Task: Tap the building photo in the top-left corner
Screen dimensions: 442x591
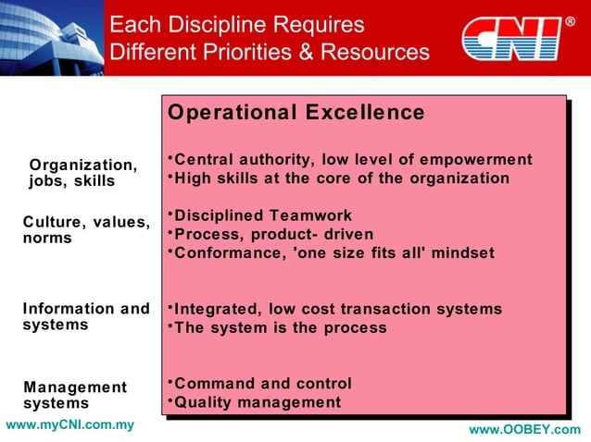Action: (51, 37)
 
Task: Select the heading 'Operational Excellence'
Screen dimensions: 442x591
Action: (295, 113)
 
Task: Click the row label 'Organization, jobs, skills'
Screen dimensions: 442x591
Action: (82, 173)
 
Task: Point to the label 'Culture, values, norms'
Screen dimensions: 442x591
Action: (85, 230)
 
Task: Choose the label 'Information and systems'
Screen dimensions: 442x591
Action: (85, 316)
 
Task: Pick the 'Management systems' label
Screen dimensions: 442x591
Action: (74, 395)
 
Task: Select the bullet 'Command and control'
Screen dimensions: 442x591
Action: (262, 383)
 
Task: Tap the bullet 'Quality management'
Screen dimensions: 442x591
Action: (257, 402)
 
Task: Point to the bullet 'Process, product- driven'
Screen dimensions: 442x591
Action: (273, 234)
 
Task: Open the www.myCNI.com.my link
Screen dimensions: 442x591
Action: (69, 425)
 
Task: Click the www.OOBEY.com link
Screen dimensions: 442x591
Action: (524, 430)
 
